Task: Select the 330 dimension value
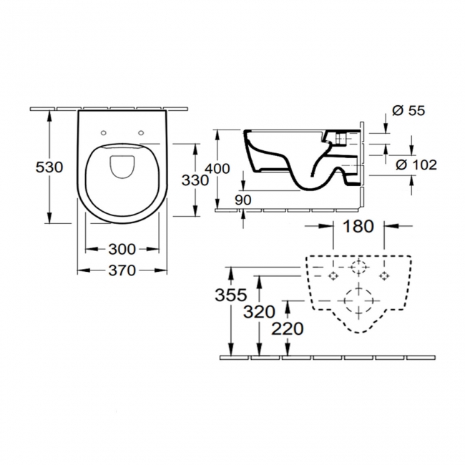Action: pos(195,180)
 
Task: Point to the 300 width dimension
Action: pos(122,249)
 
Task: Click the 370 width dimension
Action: pos(122,270)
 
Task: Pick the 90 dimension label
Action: pos(243,200)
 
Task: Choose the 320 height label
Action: pos(258,312)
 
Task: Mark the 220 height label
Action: pos(288,328)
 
